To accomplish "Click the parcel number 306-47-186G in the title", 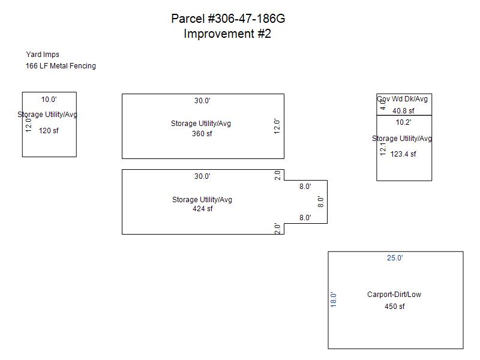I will [246, 19].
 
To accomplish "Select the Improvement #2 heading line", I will [227, 34].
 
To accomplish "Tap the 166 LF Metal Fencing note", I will [61, 66].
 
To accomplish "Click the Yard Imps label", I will [43, 55].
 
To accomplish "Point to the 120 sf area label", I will [49, 130].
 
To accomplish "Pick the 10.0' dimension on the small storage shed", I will [49, 100].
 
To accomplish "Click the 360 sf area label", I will [202, 134].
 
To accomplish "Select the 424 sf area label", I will [202, 209].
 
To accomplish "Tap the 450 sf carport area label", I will [394, 307].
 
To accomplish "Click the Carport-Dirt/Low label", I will [394, 295].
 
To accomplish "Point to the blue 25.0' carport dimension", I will [395, 258].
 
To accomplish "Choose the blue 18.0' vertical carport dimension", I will [334, 299].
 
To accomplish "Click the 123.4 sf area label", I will [403, 154].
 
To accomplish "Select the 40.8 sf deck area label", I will [403, 111].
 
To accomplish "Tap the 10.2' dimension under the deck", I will [403, 122].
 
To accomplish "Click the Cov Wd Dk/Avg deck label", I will [403, 98].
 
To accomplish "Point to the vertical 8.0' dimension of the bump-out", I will [321, 202].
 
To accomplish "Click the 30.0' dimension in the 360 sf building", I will [202, 101].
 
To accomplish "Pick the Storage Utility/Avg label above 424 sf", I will [202, 200].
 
